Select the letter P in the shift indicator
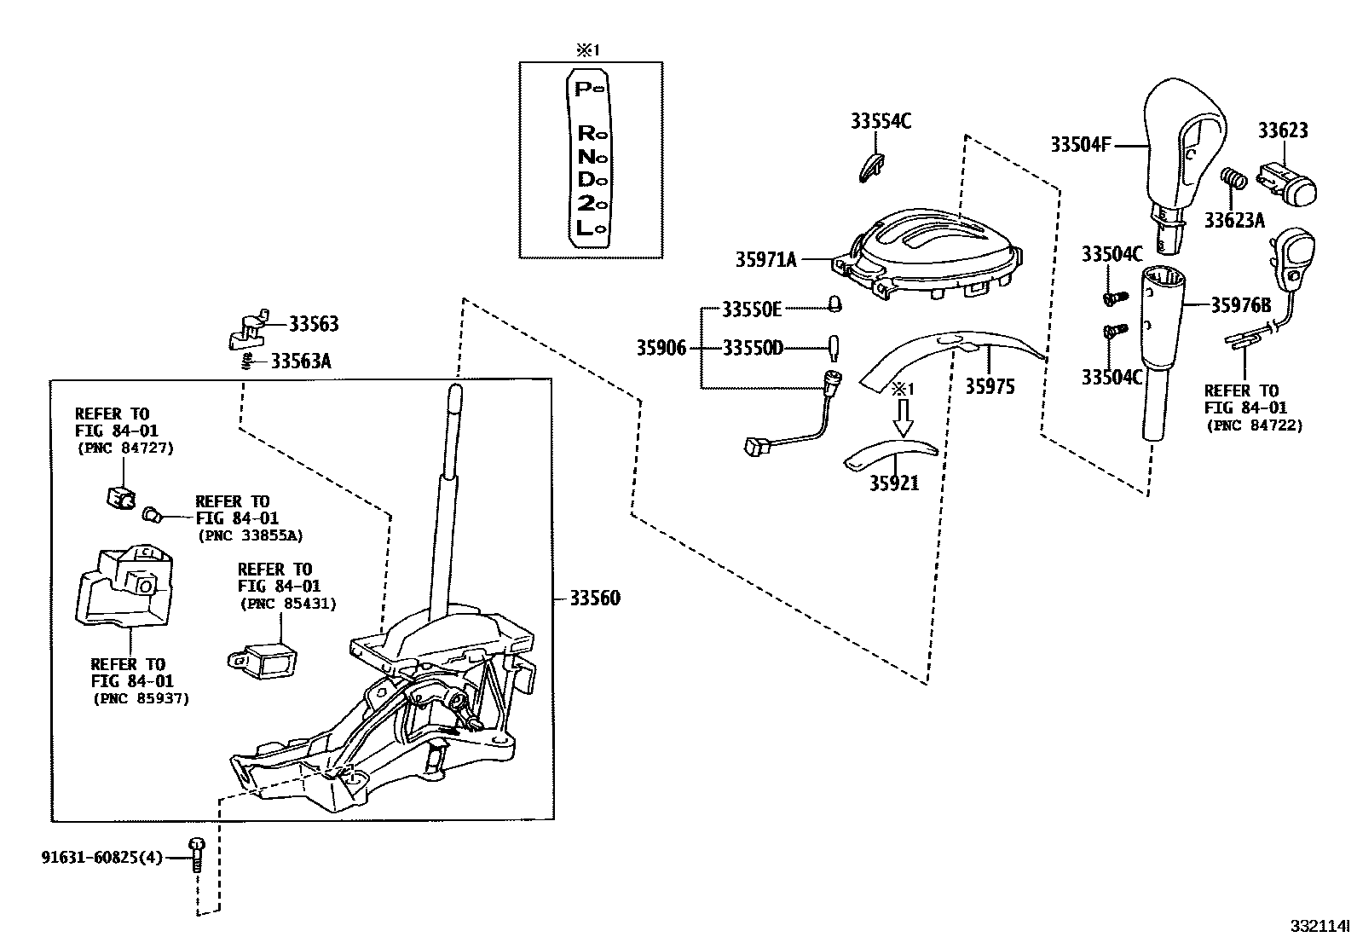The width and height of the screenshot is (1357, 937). (584, 88)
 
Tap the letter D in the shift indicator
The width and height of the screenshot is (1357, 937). (585, 180)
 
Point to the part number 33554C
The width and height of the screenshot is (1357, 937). (881, 122)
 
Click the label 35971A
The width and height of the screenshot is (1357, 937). (765, 259)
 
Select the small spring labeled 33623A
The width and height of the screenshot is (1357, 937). (1234, 180)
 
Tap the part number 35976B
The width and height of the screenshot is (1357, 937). (1241, 304)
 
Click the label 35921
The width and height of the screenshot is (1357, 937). (894, 483)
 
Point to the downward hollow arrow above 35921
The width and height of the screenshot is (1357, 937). (903, 419)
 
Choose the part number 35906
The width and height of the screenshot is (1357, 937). (661, 348)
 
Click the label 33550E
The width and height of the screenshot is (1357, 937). (752, 309)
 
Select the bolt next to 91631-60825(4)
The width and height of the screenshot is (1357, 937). (197, 853)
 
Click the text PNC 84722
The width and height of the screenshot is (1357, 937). (1253, 425)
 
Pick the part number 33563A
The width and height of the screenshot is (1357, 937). (301, 361)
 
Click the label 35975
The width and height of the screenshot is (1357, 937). (990, 386)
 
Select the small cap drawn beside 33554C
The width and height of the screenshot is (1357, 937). (871, 166)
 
